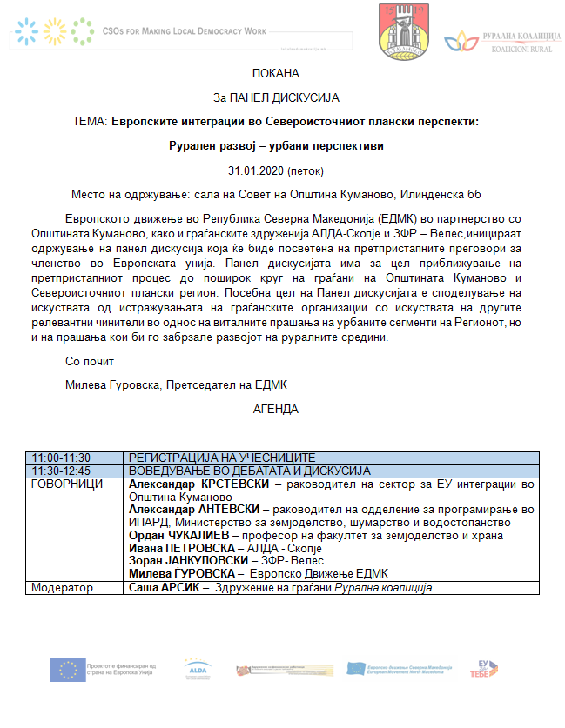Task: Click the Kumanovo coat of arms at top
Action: click(403, 31)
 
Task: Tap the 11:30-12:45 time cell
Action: click(61, 470)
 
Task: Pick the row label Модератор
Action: click(62, 588)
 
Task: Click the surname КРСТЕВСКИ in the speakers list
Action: click(234, 483)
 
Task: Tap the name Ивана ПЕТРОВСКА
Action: click(178, 549)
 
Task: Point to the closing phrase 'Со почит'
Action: click(89, 361)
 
